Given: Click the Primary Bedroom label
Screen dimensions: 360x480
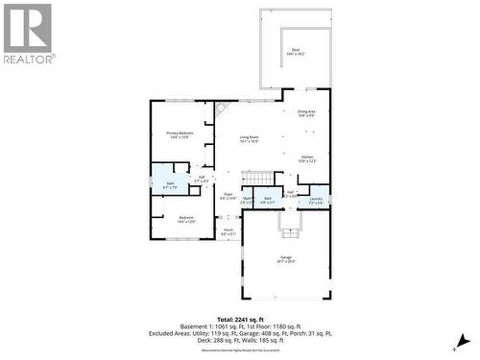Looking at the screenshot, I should [x=180, y=133].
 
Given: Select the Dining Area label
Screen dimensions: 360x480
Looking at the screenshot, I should [x=306, y=113].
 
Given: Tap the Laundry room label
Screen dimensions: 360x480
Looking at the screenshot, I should [x=316, y=200].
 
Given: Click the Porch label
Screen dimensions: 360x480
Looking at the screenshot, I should [x=228, y=230].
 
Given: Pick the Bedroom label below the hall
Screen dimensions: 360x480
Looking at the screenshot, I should [x=185, y=218].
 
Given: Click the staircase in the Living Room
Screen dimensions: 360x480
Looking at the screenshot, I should [x=258, y=179].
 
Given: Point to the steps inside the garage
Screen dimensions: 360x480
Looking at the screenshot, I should [x=288, y=223].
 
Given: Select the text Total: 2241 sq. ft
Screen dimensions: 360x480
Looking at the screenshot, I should [x=240, y=319].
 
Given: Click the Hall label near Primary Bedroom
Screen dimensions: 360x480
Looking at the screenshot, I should [x=202, y=178].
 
